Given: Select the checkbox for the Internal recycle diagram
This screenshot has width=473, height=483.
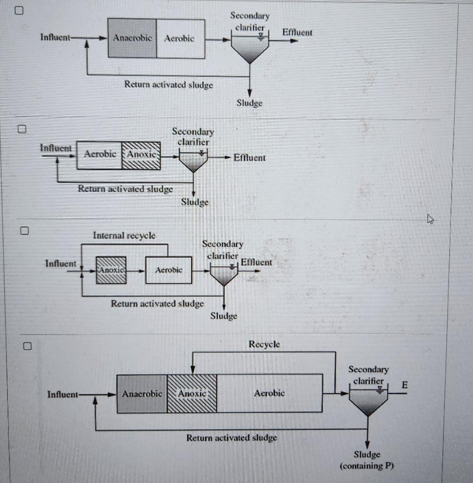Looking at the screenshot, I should [24, 231].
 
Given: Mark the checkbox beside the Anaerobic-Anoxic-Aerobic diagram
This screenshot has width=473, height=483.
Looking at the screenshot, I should [27, 347].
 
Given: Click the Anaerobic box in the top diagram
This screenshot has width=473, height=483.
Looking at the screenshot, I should [132, 39].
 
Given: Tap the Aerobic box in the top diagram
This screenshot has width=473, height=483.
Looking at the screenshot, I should [180, 39].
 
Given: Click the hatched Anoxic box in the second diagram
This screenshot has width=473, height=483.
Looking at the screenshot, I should [141, 155].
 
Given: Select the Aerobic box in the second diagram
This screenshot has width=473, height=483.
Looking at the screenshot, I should [100, 155].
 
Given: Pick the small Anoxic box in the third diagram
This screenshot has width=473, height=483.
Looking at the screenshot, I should [111, 270].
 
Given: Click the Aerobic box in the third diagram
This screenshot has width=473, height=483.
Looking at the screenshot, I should [169, 270].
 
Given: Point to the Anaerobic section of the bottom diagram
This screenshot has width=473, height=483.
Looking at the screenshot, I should [142, 393].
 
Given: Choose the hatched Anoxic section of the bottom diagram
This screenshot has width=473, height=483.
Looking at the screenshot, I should [192, 393].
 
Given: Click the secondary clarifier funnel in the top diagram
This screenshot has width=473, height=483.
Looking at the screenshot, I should [250, 48].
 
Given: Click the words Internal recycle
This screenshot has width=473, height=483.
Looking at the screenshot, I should [124, 235].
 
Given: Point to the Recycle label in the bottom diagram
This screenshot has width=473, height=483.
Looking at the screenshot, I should [264, 344].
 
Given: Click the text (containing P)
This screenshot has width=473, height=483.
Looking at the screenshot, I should [367, 466].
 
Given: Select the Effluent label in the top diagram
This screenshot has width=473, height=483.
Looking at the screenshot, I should [297, 32].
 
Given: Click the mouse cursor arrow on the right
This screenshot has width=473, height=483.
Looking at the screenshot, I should [430, 218].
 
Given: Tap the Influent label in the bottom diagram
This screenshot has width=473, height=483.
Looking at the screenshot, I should [63, 394].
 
